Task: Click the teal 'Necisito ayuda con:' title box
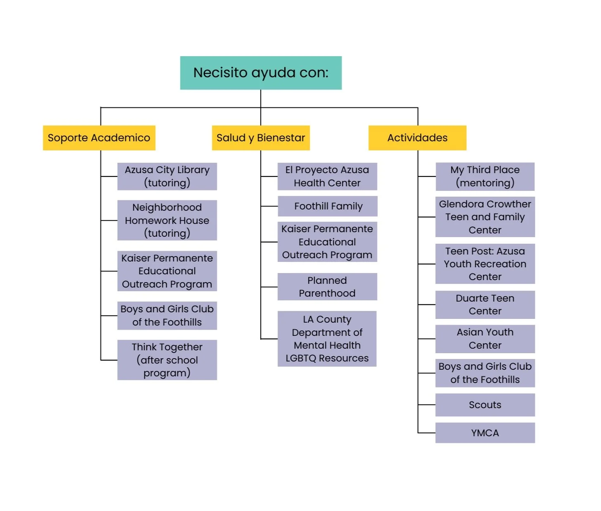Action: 261,73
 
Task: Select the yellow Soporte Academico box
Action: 99,138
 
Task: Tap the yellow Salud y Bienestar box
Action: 261,138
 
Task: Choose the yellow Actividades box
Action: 417,138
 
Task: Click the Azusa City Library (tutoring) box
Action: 167,176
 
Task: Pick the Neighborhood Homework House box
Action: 167,220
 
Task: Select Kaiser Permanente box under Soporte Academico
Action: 167,271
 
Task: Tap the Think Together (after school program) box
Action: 167,360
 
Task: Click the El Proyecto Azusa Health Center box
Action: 327,176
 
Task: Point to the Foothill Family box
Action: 328,206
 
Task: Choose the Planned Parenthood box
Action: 327,287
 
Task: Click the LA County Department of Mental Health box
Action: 327,339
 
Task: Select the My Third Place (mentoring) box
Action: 485,176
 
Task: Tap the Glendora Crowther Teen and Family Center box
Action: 485,217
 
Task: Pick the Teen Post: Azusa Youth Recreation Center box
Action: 485,264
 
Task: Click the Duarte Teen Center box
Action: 485,305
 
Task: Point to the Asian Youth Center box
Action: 485,339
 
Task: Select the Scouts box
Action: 485,405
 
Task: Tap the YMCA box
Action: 485,433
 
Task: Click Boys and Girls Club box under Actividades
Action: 485,373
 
